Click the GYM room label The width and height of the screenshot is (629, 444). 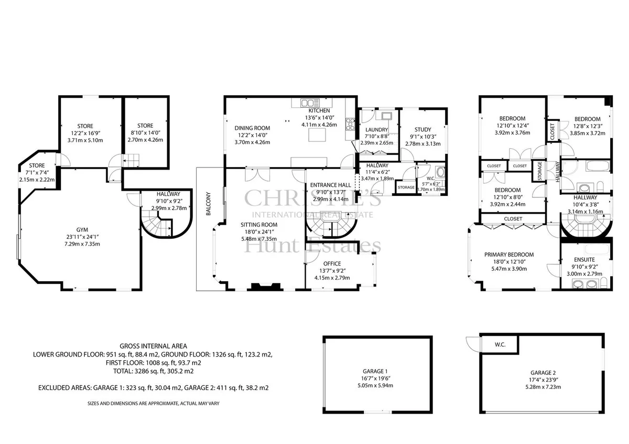pyautogui.click(x=82, y=230)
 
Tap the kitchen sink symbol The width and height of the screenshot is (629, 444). pyautogui.click(x=310, y=103)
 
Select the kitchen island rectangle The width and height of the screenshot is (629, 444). pyautogui.click(x=317, y=135)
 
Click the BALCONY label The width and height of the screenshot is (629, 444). pyautogui.click(x=209, y=204)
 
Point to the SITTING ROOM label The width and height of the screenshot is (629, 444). pyautogui.click(x=259, y=225)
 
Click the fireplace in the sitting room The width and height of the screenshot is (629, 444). pyautogui.click(x=266, y=286)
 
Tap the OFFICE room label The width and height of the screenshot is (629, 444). pyautogui.click(x=332, y=264)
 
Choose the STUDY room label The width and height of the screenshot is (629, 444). pyautogui.click(x=423, y=129)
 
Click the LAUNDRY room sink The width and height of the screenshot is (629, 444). pyautogui.click(x=387, y=116)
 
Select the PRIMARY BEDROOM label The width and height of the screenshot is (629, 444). pyautogui.click(x=509, y=254)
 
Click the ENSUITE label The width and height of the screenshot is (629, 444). pyautogui.click(x=584, y=260)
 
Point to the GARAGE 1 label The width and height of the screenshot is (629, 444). pyautogui.click(x=375, y=371)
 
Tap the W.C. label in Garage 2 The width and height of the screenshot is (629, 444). pyautogui.click(x=500, y=345)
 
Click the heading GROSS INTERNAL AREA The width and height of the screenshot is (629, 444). pyautogui.click(x=153, y=346)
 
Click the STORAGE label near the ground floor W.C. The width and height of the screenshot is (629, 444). pyautogui.click(x=406, y=187)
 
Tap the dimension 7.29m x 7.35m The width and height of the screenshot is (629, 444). pyautogui.click(x=82, y=244)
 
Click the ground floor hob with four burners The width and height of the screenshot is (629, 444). pyautogui.click(x=351, y=124)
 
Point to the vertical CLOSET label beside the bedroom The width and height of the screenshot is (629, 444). pyautogui.click(x=552, y=131)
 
